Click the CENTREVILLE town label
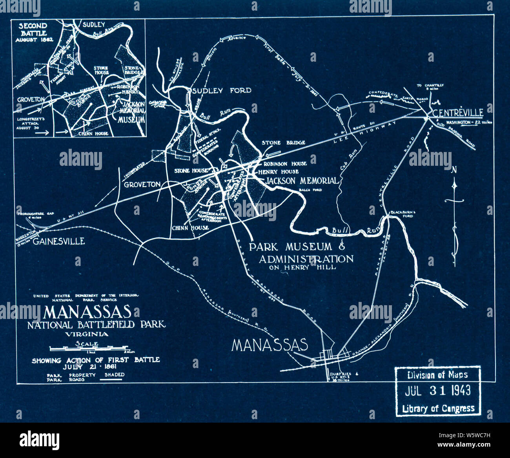tap(457, 113)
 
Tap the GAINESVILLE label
tap(58, 241)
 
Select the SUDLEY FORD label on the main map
tap(221, 91)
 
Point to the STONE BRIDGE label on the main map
tap(283, 143)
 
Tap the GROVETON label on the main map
tap(142, 184)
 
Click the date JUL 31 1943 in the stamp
tap(437, 390)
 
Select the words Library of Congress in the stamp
tap(438, 409)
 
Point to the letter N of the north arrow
tap(454, 170)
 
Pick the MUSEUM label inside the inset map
tap(131, 119)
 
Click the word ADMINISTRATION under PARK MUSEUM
tap(306, 259)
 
